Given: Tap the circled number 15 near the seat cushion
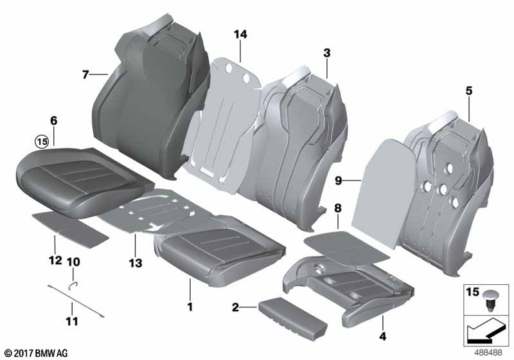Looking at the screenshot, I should [x=42, y=141].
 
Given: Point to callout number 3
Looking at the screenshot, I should [x=327, y=53].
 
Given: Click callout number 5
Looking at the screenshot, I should [x=469, y=91].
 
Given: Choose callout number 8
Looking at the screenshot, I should [x=337, y=209].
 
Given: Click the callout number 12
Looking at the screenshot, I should [x=55, y=260].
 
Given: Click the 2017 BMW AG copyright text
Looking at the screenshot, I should [x=35, y=353].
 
